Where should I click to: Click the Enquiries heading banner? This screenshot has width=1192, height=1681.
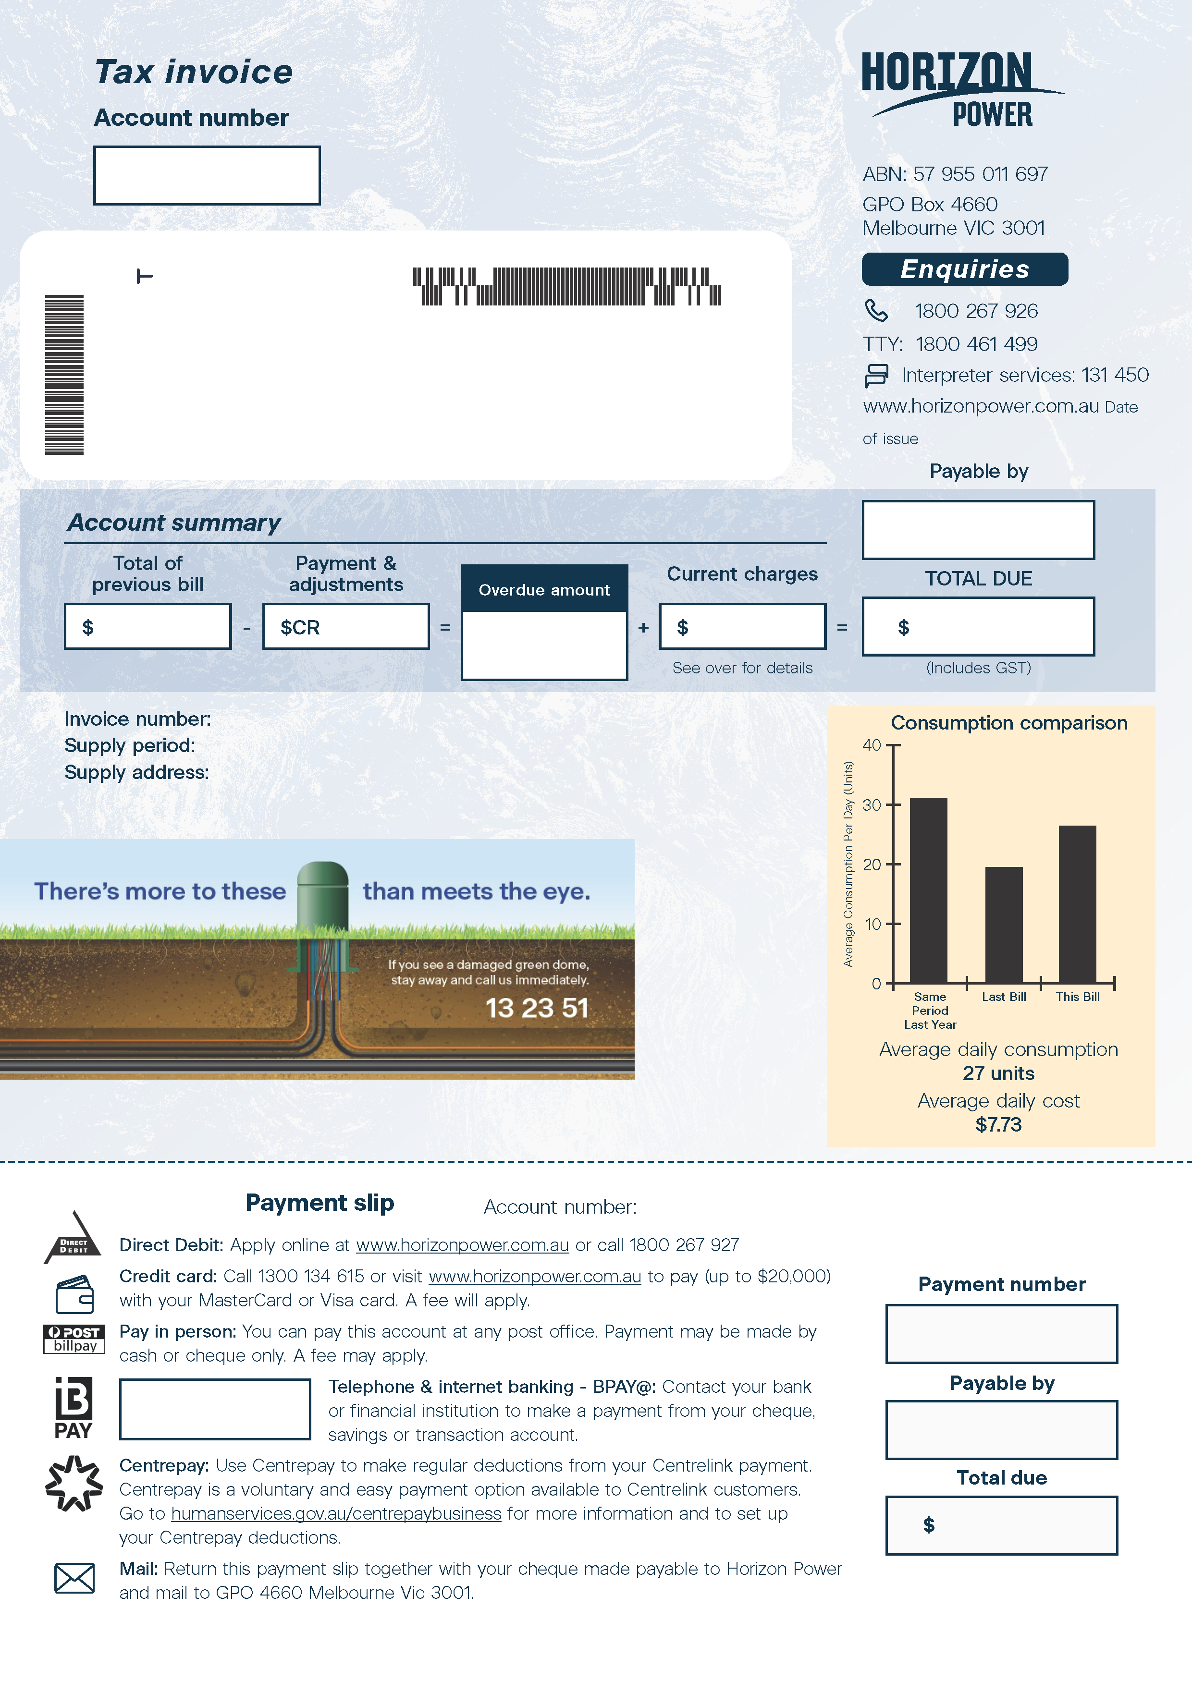tap(964, 269)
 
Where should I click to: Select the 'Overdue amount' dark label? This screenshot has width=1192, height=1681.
tap(544, 589)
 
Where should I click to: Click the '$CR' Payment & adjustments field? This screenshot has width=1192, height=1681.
tap(346, 627)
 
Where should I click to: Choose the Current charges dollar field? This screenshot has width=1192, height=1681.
tap(742, 627)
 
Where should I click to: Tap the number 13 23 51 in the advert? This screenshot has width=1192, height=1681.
tap(537, 1008)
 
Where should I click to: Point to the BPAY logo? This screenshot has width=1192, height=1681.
tap(74, 1408)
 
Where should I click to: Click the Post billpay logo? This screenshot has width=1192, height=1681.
tap(74, 1339)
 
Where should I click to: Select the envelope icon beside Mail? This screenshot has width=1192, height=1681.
tap(74, 1578)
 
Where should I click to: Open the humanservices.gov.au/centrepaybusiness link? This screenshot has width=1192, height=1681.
tap(336, 1514)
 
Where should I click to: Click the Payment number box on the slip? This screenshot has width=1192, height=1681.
tap(1001, 1334)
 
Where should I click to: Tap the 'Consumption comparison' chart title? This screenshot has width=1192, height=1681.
tap(1008, 723)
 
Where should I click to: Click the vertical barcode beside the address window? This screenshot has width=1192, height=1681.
tap(64, 374)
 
